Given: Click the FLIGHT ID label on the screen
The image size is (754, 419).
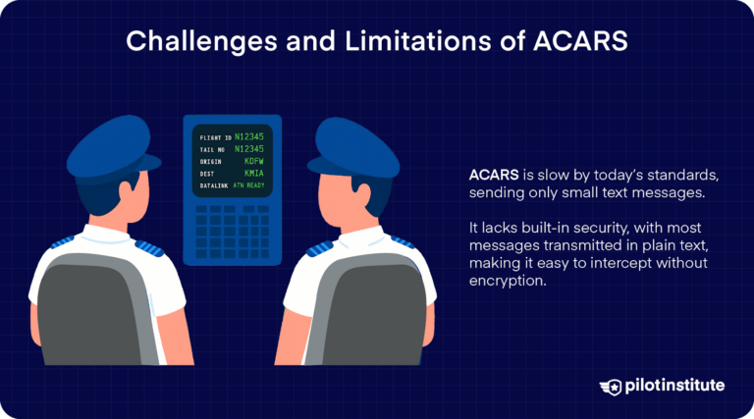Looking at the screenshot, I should [x=215, y=137].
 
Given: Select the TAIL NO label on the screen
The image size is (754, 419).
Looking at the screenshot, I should [x=213, y=149].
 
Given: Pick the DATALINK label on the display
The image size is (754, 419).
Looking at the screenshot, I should [x=214, y=184].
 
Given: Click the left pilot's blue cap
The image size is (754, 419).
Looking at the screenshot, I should [x=109, y=145].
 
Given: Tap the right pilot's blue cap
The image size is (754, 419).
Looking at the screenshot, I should [x=357, y=145].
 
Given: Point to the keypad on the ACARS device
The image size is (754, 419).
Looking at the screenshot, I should [x=232, y=230].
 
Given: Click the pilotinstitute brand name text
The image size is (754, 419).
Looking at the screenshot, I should [x=676, y=386].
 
